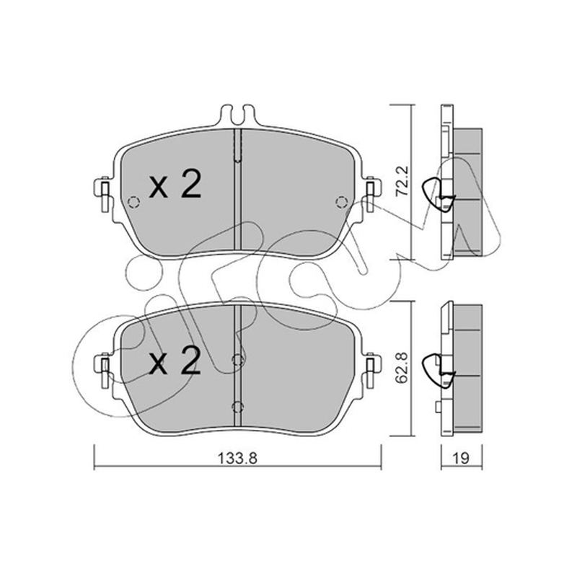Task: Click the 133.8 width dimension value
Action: [x=237, y=459]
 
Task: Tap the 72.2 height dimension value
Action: [x=402, y=182]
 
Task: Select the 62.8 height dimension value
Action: [x=402, y=368]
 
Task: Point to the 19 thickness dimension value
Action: [x=461, y=459]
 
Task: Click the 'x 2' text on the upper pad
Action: [x=175, y=184]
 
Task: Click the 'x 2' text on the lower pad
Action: [x=175, y=361]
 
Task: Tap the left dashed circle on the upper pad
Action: [x=133, y=202]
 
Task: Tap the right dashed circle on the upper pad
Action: [x=342, y=202]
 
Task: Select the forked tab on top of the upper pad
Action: [x=237, y=115]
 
